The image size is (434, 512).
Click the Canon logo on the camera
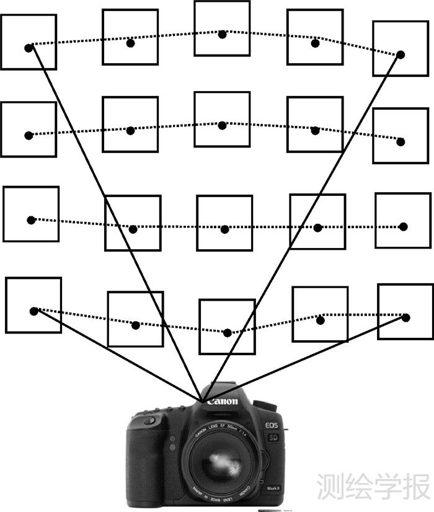tap(222, 402)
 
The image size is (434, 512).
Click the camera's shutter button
tap(148, 422)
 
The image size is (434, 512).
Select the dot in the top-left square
tap(29, 48)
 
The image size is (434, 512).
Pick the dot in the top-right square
tap(401, 55)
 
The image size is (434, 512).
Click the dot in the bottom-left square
tap(34, 311)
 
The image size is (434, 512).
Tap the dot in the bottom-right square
tap(406, 317)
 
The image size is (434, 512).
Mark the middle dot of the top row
tap(222, 35)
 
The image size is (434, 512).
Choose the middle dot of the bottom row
tap(227, 333)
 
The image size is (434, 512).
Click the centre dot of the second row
tap(222, 126)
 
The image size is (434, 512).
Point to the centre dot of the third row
tap(224, 229)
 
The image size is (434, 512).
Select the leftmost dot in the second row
tap(29, 135)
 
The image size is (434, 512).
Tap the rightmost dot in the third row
tap(403, 227)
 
